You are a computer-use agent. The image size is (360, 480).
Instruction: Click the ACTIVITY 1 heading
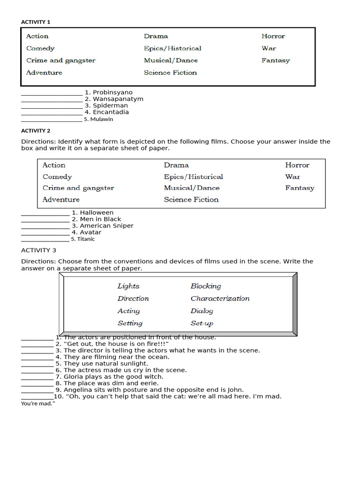click(36, 22)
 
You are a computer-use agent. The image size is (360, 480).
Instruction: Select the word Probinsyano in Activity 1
click(112, 92)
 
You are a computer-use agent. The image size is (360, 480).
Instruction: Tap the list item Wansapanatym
click(118, 99)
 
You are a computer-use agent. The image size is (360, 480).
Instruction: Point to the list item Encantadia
click(111, 112)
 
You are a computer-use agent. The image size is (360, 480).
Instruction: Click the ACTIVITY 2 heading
click(36, 131)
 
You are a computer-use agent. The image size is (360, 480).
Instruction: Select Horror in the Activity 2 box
click(297, 165)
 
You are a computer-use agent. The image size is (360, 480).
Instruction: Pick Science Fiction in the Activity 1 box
click(170, 73)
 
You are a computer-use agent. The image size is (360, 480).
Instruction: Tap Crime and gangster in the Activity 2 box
click(78, 188)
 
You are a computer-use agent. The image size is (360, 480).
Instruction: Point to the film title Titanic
click(86, 239)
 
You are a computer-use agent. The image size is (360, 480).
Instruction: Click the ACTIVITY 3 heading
click(38, 250)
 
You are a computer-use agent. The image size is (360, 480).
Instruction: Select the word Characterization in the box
click(220, 299)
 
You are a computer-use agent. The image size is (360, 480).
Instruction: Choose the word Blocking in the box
click(205, 286)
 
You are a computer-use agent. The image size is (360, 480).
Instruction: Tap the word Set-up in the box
click(202, 323)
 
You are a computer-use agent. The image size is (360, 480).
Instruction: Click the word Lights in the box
click(128, 286)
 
